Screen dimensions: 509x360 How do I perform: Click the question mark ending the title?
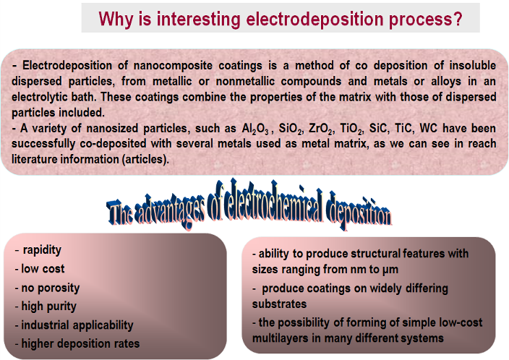coord(458,19)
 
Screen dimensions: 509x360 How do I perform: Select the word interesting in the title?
coord(199,20)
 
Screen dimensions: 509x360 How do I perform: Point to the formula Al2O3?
coord(255,129)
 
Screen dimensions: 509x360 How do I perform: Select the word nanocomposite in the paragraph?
coord(173,66)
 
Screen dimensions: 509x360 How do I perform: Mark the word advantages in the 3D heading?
coord(169,210)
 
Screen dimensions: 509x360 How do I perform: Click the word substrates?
coord(280,304)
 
